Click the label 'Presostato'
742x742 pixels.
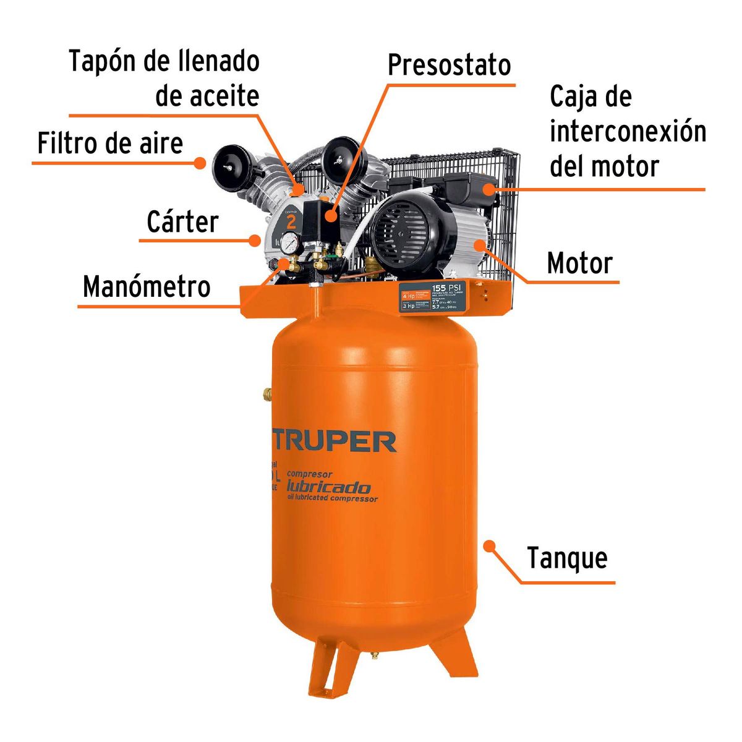click(450, 65)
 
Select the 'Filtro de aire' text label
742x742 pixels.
click(110, 143)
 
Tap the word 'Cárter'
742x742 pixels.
click(182, 222)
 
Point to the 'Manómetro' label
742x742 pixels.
click(147, 287)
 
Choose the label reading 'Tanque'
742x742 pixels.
click(567, 558)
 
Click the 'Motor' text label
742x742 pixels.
click(579, 263)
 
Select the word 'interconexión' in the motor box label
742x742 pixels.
click(628, 132)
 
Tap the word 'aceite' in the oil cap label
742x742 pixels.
click(207, 96)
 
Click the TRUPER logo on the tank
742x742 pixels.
click(334, 441)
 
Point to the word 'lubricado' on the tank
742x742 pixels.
click(328, 487)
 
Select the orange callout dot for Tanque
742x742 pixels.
click(489, 546)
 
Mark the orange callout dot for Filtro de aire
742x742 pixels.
click(200, 163)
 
